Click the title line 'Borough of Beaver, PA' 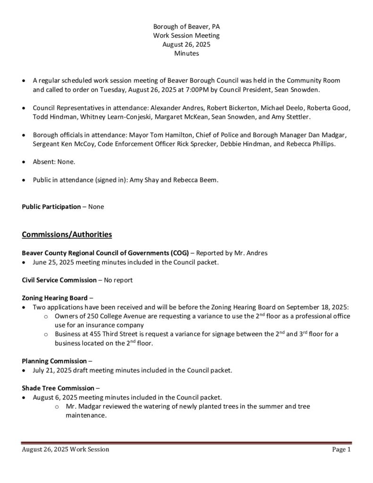coord(186,27)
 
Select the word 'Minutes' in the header coord(186,53)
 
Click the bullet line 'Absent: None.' coord(54,161)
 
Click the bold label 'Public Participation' coord(51,207)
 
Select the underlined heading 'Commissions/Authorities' coord(67,234)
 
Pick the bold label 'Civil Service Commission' coord(59,280)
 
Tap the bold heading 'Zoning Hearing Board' coord(54,298)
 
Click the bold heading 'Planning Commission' coord(54,361)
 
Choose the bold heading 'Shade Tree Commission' coord(58,388)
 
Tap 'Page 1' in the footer coord(341,450)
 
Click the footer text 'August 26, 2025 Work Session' coord(66,450)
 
